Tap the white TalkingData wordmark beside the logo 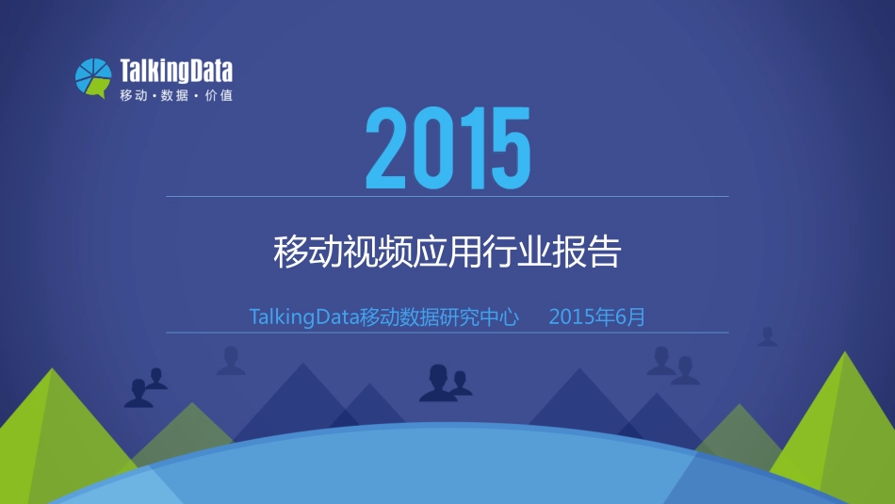[x=176, y=72]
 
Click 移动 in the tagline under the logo [x=133, y=95]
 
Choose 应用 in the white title [x=447, y=252]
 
